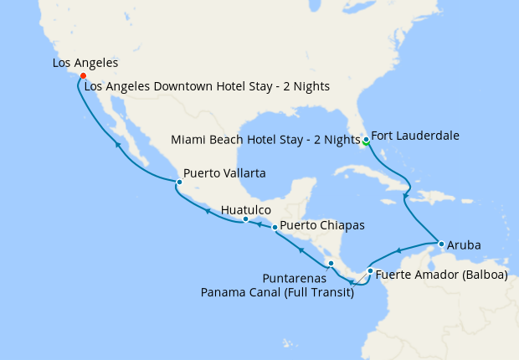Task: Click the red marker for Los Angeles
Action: tap(83, 76)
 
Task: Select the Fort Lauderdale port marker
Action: tap(366, 138)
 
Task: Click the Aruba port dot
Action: tap(440, 244)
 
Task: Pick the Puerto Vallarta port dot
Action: tap(178, 182)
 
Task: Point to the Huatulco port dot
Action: tap(245, 219)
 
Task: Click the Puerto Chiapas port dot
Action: tap(275, 227)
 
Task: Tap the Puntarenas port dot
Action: tap(331, 264)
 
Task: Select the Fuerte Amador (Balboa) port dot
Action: tap(370, 271)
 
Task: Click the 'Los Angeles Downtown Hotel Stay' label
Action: tap(207, 85)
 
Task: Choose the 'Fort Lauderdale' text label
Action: tap(415, 135)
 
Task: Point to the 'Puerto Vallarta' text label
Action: tap(224, 173)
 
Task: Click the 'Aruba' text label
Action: tap(464, 245)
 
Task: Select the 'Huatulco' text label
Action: tap(246, 209)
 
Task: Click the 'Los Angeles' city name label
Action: tap(85, 63)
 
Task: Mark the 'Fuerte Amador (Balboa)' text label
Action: tap(441, 274)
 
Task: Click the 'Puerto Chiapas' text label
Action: tap(321, 225)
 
